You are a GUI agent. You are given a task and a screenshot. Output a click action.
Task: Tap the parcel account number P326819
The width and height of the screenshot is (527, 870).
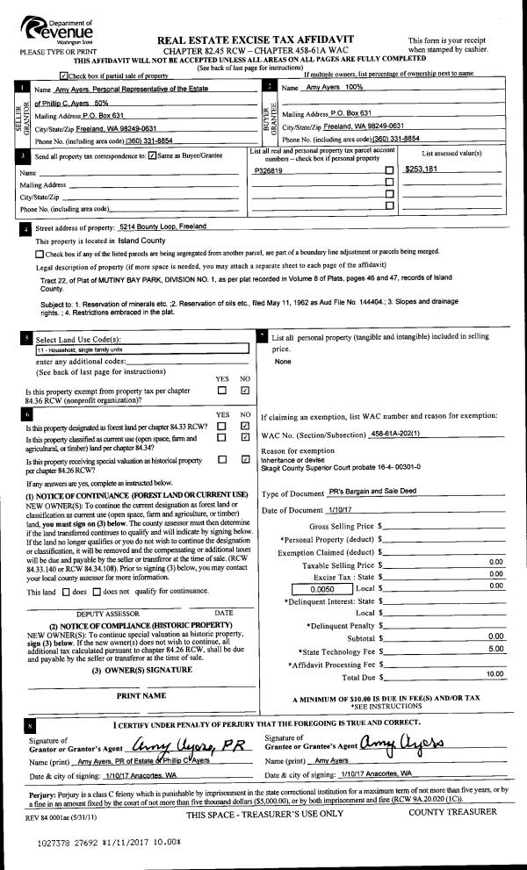[x=268, y=171]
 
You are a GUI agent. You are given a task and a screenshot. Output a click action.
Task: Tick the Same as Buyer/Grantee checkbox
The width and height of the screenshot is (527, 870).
[x=153, y=156]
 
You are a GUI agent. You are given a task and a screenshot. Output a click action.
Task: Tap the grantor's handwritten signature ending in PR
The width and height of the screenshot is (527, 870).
[x=188, y=745]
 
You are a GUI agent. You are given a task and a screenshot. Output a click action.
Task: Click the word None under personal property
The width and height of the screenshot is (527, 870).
[x=283, y=362]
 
